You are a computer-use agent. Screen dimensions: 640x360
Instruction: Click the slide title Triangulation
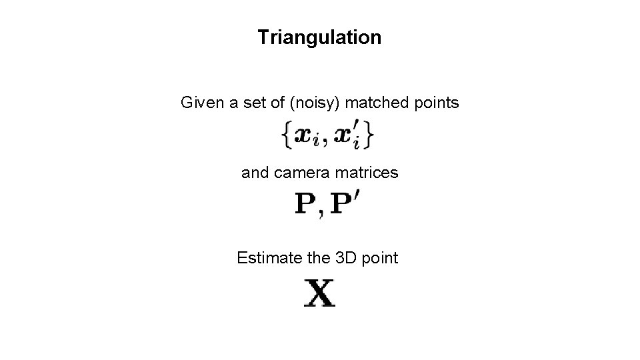(x=319, y=37)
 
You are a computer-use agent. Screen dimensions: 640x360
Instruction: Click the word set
(x=247, y=103)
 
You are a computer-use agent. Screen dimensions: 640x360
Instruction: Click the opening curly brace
(x=286, y=137)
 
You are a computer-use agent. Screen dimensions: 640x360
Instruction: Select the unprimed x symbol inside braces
(x=305, y=137)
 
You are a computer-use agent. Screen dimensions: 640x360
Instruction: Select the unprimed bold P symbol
(x=305, y=203)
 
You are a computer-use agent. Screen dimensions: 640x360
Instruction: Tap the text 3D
(x=337, y=258)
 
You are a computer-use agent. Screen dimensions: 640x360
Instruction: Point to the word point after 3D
(x=378, y=258)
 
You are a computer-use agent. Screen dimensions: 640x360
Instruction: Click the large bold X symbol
(x=320, y=293)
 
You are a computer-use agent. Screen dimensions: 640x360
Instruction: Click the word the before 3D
(x=307, y=258)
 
